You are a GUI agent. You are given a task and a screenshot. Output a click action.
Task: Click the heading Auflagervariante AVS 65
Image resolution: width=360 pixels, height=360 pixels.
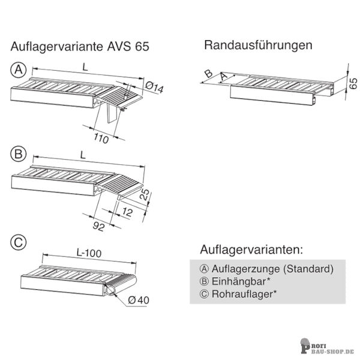[80, 46]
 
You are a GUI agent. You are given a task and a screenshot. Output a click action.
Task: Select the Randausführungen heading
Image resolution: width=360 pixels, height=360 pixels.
[258, 45]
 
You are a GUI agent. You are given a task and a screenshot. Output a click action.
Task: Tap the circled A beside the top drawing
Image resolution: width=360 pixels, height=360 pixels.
[19, 70]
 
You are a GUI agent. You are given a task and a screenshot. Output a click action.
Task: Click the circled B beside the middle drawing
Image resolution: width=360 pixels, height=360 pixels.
[19, 154]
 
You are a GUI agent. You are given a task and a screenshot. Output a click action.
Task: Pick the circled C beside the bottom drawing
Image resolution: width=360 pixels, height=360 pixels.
[19, 242]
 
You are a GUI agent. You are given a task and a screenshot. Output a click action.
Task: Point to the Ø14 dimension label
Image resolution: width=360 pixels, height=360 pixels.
[155, 88]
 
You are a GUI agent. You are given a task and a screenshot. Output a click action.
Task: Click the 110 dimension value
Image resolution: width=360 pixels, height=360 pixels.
[101, 139]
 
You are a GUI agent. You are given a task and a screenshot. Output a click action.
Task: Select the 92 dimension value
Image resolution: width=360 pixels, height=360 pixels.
[99, 226]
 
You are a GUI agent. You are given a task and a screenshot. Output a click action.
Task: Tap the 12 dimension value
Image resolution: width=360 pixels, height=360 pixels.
[127, 212]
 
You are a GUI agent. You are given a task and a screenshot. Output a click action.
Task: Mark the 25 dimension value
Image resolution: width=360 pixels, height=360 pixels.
[145, 195]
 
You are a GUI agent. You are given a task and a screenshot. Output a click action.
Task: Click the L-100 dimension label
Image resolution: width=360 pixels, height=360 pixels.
[89, 253]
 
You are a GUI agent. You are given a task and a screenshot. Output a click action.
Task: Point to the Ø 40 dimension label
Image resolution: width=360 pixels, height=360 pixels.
[139, 300]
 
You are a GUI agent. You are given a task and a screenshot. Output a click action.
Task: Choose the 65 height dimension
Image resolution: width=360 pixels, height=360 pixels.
[353, 83]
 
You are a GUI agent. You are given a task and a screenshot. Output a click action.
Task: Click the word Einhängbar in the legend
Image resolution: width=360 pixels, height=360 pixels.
[239, 281]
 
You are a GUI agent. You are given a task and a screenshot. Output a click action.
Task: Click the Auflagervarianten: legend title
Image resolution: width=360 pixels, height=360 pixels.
[251, 250]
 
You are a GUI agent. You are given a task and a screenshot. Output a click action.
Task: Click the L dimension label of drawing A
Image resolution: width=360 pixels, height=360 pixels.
[85, 67]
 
